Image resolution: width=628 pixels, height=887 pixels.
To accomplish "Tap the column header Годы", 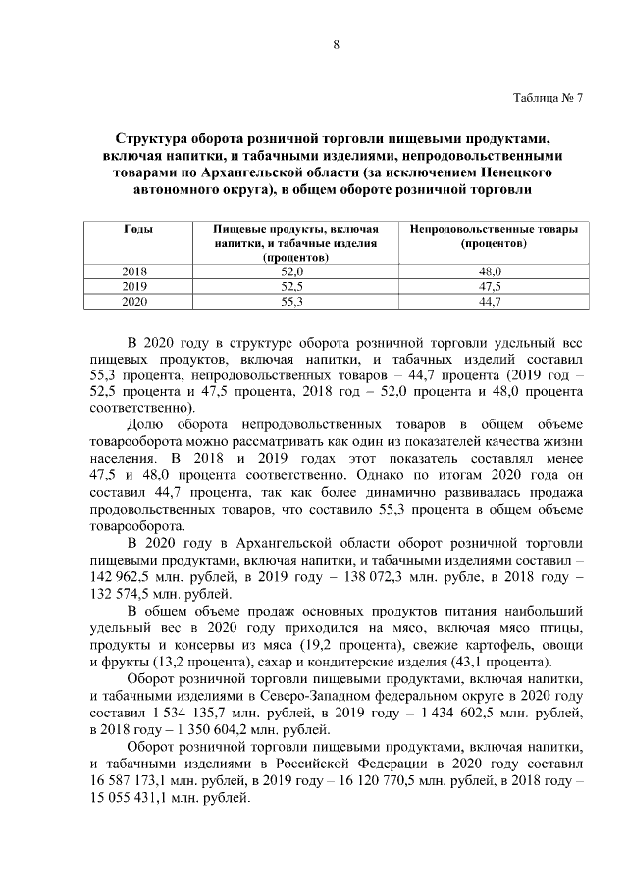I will click(x=137, y=228).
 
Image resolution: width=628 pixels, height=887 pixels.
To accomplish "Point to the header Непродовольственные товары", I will click(x=494, y=228).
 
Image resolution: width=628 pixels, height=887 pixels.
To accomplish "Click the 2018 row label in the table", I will click(x=133, y=271).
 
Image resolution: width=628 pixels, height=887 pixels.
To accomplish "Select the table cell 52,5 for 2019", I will click(x=292, y=286).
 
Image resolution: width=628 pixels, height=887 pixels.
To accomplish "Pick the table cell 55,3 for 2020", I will click(x=292, y=302).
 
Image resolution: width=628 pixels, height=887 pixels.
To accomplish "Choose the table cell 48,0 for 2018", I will click(x=490, y=271).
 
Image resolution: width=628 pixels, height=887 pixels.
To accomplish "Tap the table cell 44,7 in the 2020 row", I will click(x=490, y=302).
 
